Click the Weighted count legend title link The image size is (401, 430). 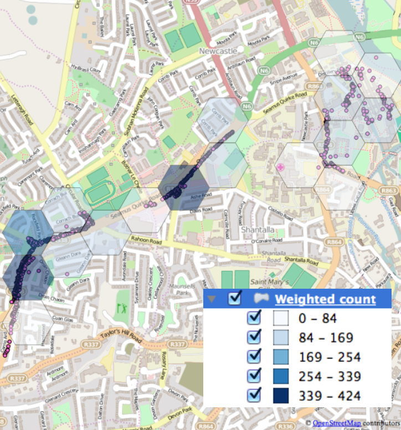325,300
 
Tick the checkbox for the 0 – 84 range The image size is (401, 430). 255,318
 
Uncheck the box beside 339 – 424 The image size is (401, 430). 255,395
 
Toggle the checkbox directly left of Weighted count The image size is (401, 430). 235,299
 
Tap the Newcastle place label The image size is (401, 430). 218,51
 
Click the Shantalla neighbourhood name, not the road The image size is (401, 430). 254,229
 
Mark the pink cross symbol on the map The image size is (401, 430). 280,166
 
